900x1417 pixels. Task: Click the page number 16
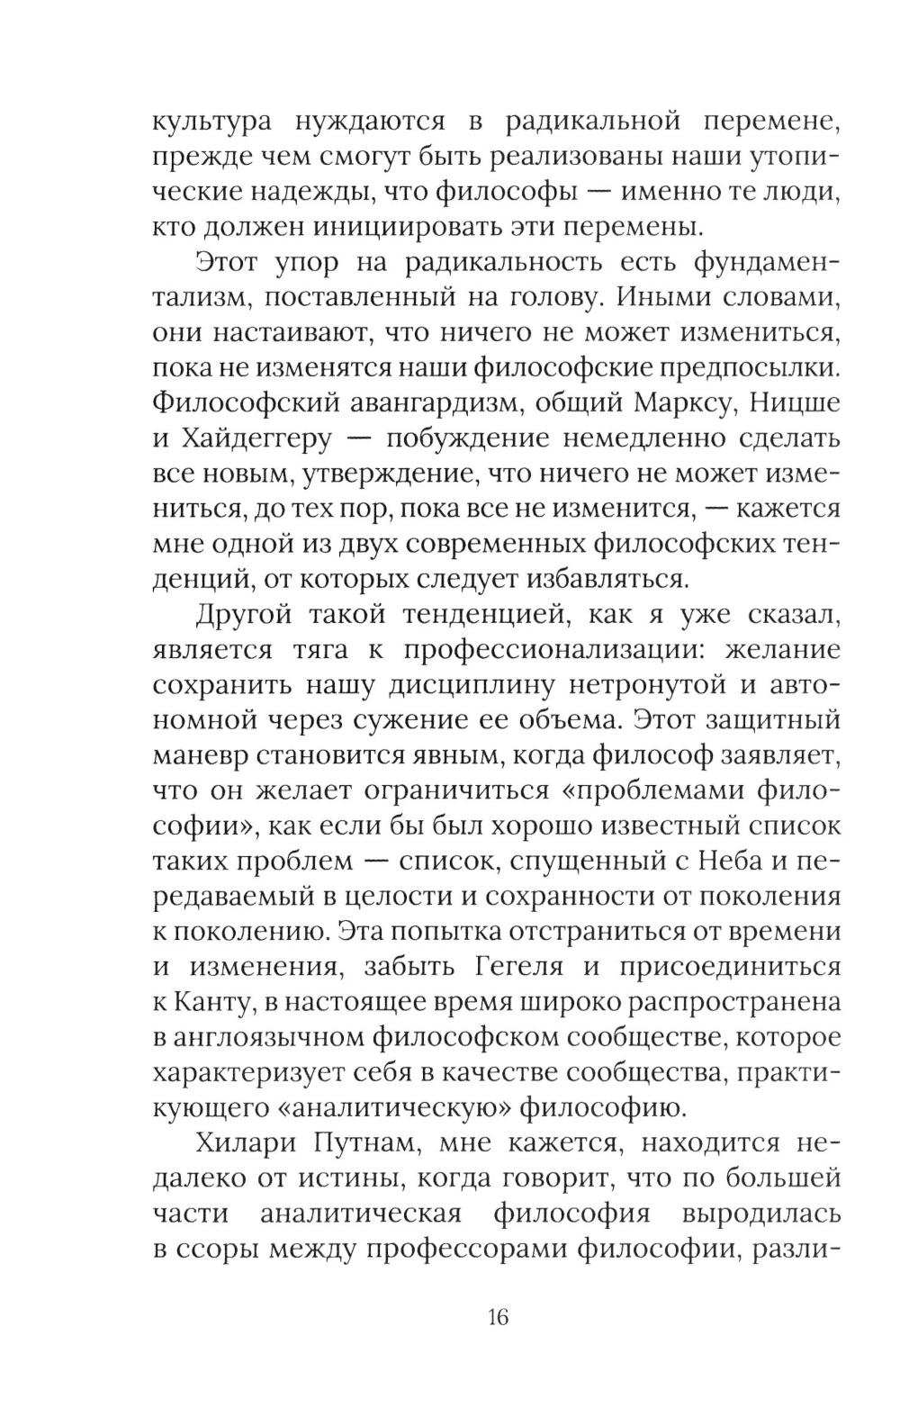[x=498, y=1317]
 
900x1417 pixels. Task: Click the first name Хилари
[x=238, y=1143]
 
